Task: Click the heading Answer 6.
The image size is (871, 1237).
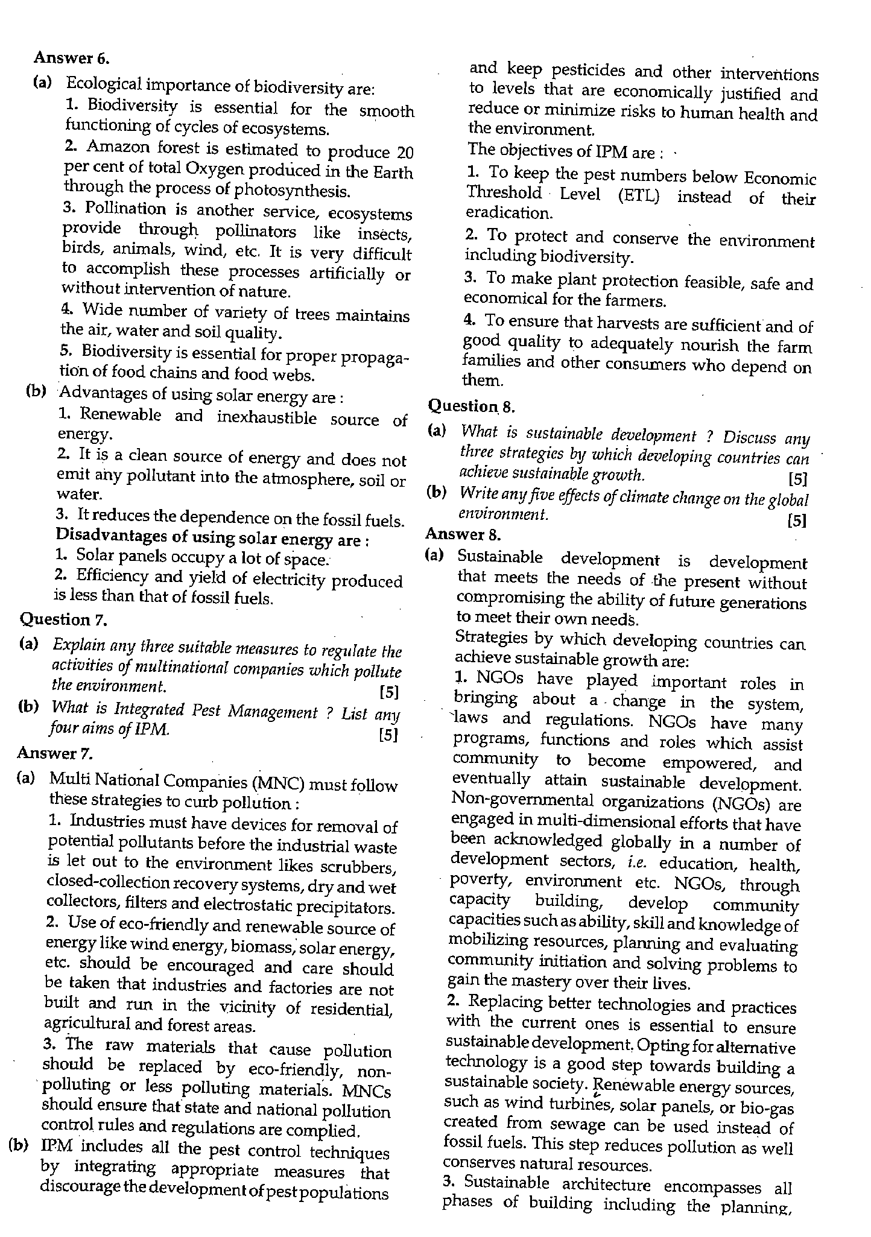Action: pyautogui.click(x=72, y=59)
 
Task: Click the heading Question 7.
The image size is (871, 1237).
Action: pyautogui.click(x=63, y=619)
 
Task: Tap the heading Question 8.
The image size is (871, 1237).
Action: pyautogui.click(x=471, y=407)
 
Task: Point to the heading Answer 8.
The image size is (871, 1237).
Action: pyautogui.click(x=463, y=534)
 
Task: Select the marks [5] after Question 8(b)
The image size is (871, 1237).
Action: pyautogui.click(x=797, y=520)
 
